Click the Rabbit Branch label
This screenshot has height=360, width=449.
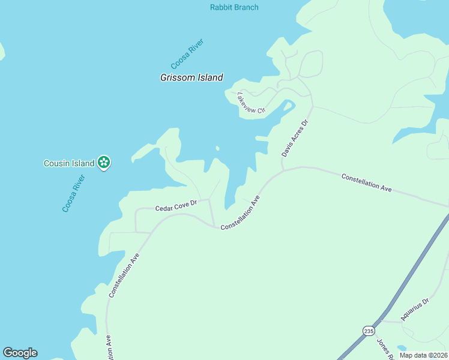tap(234, 7)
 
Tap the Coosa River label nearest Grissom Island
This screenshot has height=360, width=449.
tap(187, 54)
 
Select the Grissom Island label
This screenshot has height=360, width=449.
tap(191, 77)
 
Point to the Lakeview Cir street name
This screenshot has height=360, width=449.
tap(251, 103)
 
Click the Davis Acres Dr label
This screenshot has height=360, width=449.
tap(295, 139)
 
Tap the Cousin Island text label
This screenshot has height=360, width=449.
tap(69, 163)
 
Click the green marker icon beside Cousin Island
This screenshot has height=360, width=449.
tap(104, 161)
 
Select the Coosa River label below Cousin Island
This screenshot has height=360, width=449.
tap(74, 193)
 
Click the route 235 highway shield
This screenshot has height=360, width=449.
tap(369, 331)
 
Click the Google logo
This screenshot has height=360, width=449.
tap(20, 353)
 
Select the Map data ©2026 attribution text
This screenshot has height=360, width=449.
tap(423, 355)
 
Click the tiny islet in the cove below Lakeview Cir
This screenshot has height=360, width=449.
tap(217, 148)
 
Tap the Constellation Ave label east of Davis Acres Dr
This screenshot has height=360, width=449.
tap(366, 182)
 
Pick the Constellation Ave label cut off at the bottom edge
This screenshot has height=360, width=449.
tap(109, 349)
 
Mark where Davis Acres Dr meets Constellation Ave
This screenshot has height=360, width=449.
tap(283, 170)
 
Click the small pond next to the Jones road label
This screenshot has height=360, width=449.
tap(400, 349)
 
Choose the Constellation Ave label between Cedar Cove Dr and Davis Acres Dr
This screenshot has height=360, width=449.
tap(240, 214)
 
